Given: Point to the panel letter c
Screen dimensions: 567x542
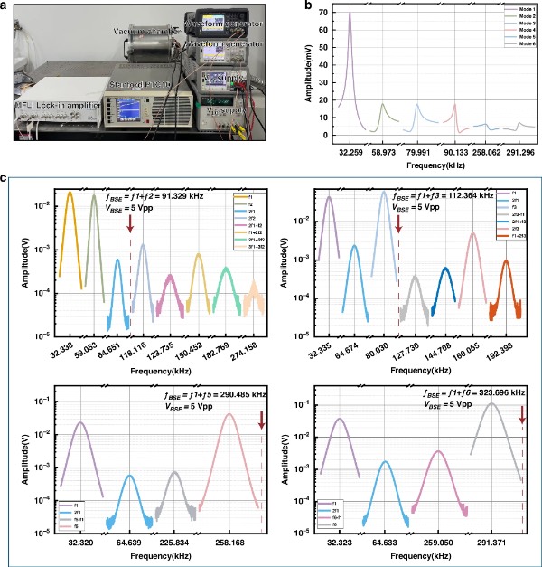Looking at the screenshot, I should point(7,180).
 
